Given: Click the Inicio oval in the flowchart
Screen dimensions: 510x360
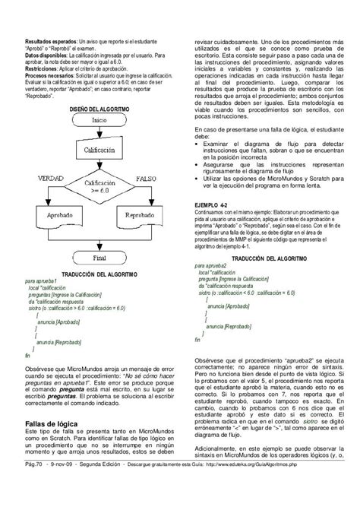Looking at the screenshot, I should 99,120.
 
